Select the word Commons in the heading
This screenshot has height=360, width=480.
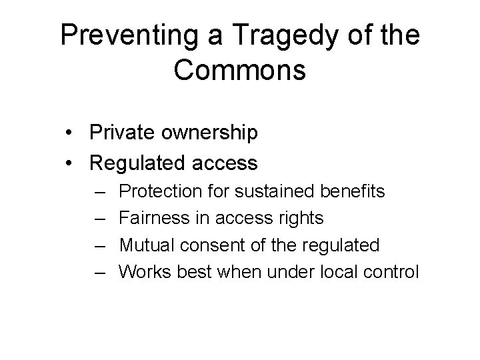tap(240, 70)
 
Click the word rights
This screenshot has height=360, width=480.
tap(302, 219)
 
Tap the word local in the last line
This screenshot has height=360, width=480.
tap(343, 272)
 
